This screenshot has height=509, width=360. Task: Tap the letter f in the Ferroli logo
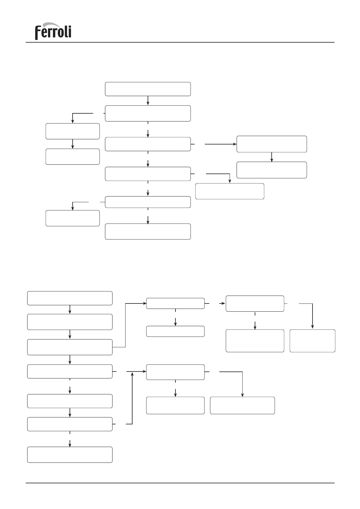point(38,33)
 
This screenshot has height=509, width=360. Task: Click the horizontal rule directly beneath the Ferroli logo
point(180,42)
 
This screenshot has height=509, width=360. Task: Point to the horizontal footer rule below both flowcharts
point(180,483)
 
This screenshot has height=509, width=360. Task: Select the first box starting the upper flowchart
point(148,89)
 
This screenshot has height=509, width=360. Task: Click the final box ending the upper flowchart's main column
point(148,232)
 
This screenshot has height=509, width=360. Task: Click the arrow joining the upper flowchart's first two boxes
point(148,101)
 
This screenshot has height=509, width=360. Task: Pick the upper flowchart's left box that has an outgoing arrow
point(73,131)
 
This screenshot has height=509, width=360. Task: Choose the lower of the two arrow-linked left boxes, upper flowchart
point(73,157)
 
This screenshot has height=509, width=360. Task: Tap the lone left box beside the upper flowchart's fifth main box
point(73,218)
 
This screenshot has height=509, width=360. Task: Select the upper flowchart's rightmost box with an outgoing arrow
point(271,144)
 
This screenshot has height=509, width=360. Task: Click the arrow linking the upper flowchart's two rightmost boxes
point(272,157)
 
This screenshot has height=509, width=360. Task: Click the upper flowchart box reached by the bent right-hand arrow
point(230,191)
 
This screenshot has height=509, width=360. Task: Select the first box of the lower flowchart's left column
point(70,298)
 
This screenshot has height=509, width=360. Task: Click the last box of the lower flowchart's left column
point(70,455)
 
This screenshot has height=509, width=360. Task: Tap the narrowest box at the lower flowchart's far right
point(312,341)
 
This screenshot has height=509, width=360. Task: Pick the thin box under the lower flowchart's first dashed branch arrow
point(175,331)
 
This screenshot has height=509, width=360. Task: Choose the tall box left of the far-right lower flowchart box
point(255,341)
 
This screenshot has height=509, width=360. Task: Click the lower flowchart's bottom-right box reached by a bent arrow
point(242,405)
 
